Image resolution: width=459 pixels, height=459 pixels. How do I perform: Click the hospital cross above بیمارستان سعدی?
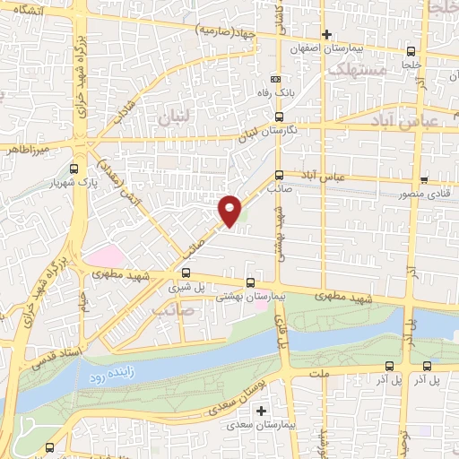tap(261, 411)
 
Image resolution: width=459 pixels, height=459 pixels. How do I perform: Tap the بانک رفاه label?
tap(284, 94)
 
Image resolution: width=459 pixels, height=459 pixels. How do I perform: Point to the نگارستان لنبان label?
tap(264, 131)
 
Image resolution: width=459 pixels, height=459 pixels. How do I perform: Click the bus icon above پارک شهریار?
tap(74, 167)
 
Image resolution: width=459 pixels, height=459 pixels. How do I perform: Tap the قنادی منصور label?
tap(429, 192)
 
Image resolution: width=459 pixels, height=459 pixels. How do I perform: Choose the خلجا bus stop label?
tap(411, 65)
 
